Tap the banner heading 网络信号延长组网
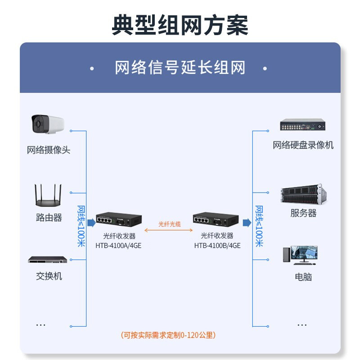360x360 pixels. click(180, 68)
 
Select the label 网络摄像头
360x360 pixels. click(49, 150)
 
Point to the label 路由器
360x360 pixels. click(49, 217)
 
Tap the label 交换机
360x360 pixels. click(49, 276)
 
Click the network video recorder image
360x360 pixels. click(303, 125)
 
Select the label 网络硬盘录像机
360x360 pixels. click(303, 145)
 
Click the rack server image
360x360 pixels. click(303, 194)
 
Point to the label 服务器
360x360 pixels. click(303, 213)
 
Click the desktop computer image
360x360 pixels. click(300, 255)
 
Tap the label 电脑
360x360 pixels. click(303, 277)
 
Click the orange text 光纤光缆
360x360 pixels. click(169, 224)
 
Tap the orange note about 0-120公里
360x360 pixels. click(168, 335)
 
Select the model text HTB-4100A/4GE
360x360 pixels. click(118, 246)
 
